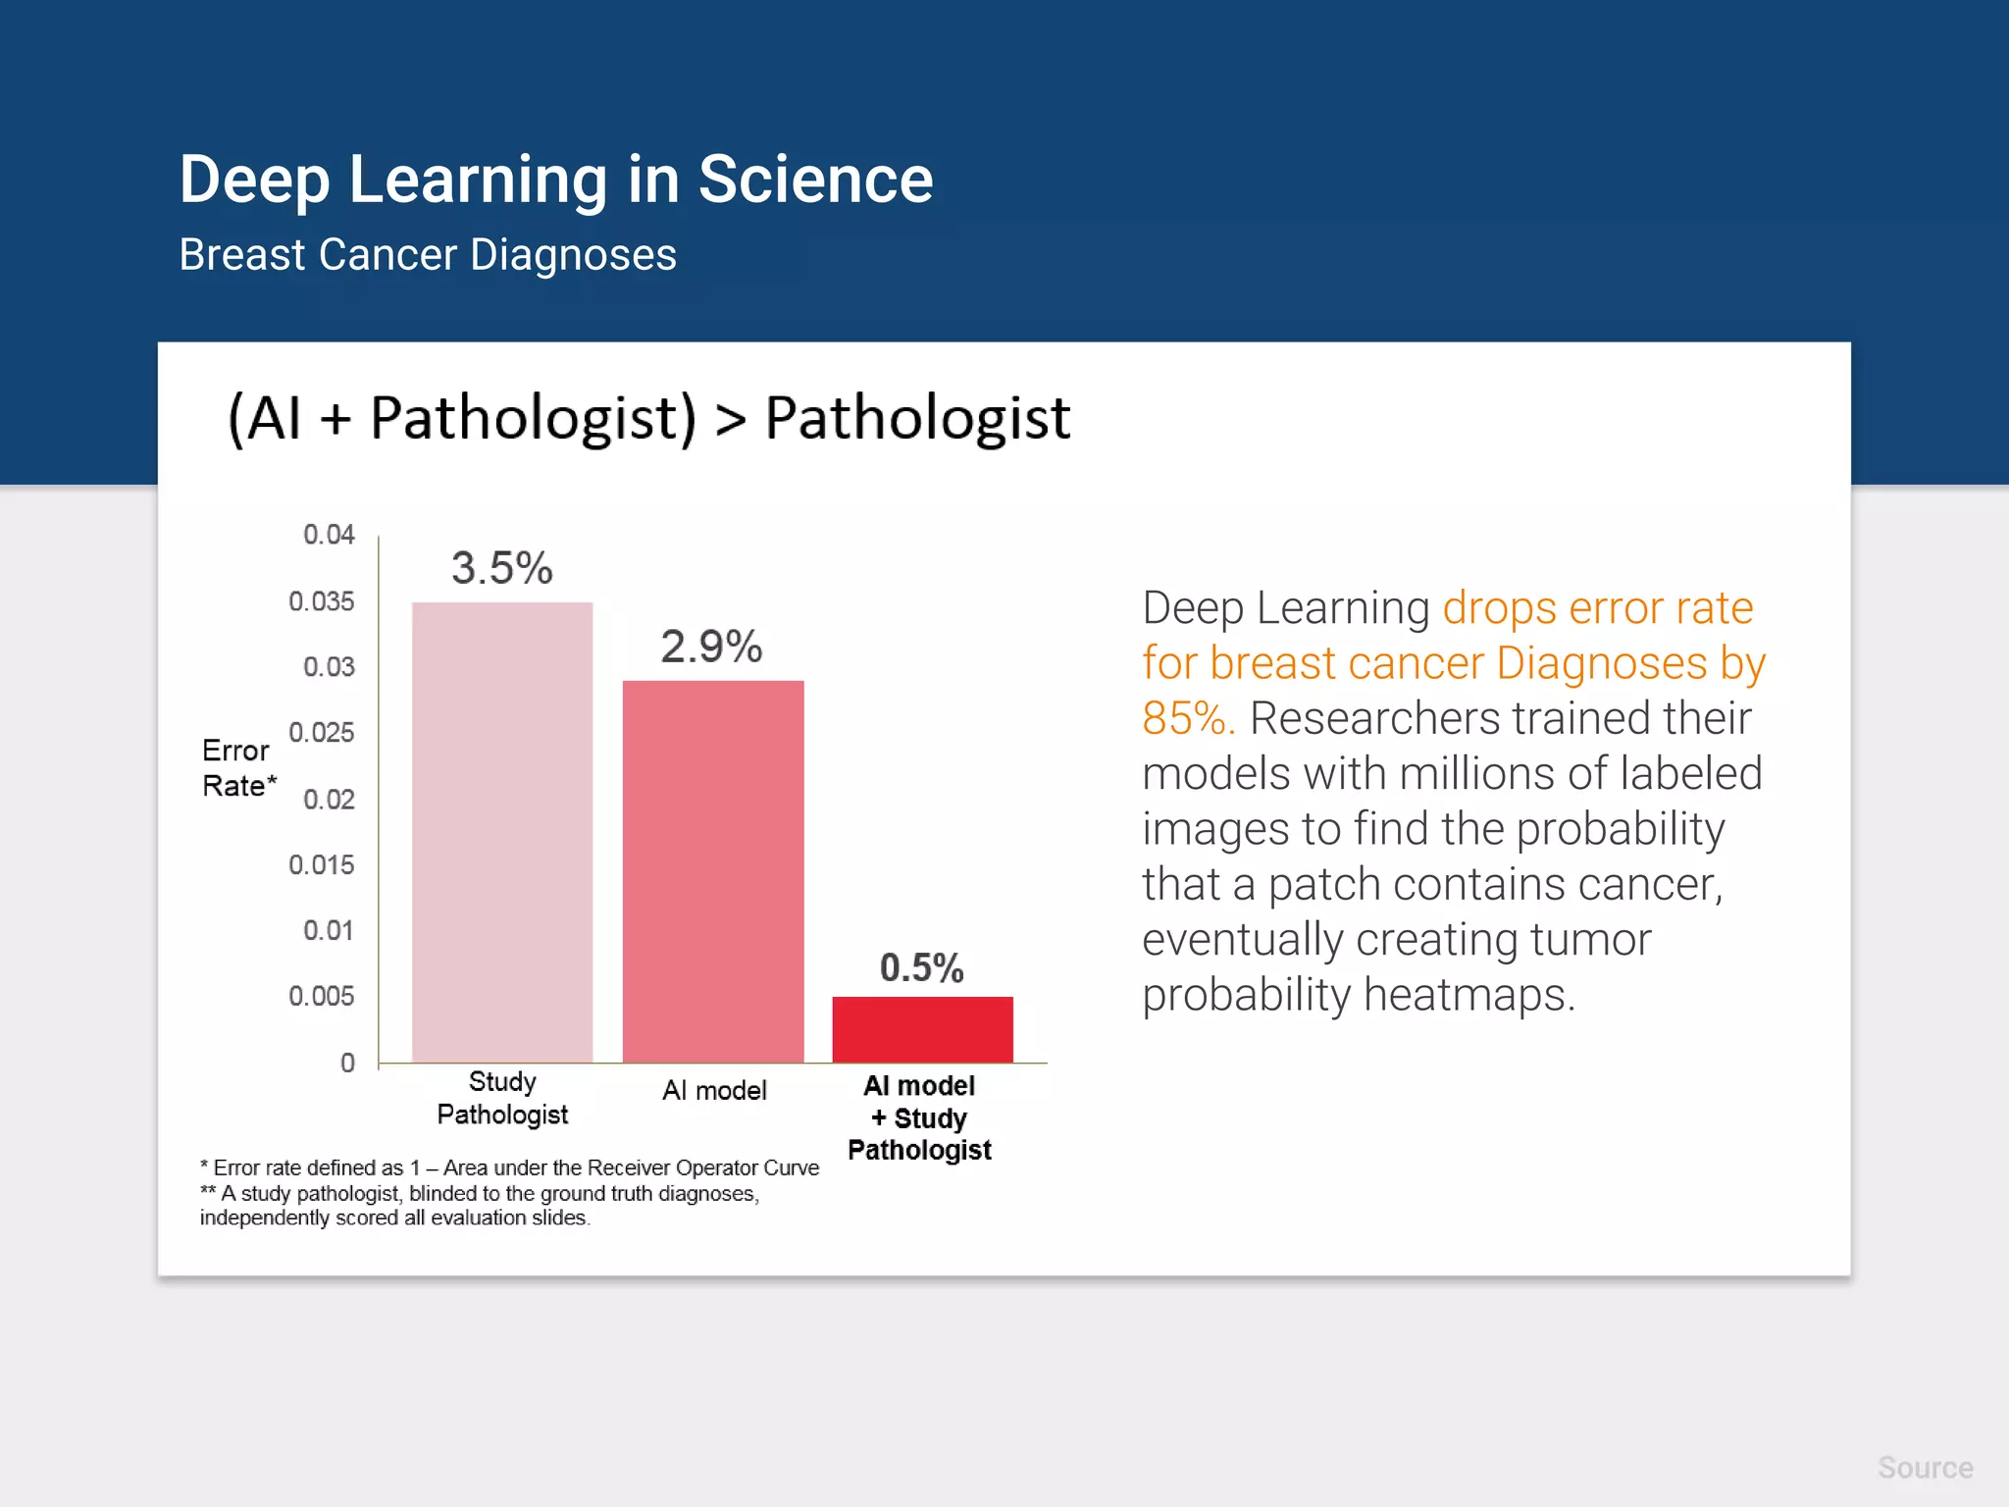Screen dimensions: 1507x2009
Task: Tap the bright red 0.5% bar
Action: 922,1029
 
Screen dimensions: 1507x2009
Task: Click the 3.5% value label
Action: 501,568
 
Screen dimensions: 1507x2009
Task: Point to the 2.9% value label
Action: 711,647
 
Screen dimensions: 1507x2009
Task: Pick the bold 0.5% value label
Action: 921,967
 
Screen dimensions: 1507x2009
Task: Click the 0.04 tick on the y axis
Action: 329,535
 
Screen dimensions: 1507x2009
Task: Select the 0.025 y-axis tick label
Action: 321,733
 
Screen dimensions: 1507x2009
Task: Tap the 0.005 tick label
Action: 321,997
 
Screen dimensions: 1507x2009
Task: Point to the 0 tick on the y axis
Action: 347,1063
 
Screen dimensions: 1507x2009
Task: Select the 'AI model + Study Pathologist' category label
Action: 919,1117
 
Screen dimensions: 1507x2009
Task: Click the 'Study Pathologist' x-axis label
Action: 502,1098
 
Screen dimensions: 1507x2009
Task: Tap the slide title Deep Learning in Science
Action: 555,180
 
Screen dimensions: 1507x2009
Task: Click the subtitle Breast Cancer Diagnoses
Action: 428,255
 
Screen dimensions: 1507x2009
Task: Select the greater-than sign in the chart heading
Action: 731,420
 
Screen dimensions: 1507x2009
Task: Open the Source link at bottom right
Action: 1925,1468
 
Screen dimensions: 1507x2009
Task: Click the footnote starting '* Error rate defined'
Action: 509,1168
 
